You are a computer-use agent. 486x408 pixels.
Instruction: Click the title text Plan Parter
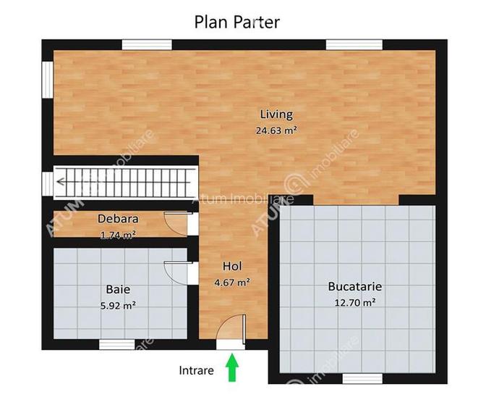[236, 21]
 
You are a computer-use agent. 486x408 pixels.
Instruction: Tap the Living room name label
[276, 114]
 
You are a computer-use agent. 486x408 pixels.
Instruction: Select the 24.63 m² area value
[276, 130]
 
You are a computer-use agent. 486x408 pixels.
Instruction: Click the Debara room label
[118, 218]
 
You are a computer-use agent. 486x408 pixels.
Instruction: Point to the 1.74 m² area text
[118, 234]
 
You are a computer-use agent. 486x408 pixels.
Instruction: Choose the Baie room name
[118, 289]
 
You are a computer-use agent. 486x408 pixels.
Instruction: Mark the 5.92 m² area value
[118, 305]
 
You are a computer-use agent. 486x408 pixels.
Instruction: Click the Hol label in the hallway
[232, 266]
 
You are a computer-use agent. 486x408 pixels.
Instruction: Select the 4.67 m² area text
[232, 282]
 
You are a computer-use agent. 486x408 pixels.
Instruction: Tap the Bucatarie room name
[354, 286]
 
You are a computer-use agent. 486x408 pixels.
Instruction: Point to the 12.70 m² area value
[354, 302]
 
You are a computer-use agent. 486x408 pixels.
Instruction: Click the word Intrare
[196, 370]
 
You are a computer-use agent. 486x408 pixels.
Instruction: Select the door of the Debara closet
[176, 222]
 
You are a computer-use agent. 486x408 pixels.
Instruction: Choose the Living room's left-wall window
[47, 82]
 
